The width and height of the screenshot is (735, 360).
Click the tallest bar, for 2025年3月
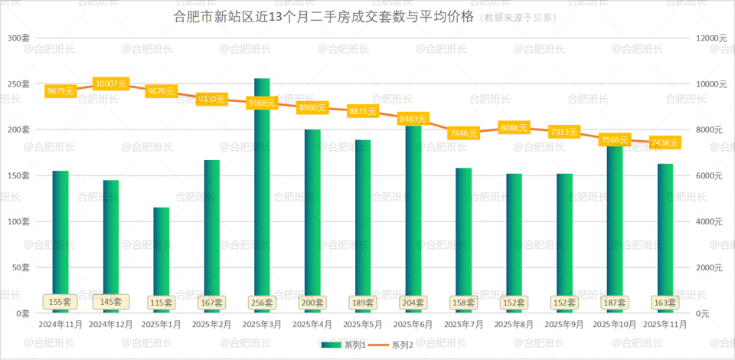coord(262,191)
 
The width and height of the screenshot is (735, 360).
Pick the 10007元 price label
coord(110,83)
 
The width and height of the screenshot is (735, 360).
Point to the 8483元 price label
coord(413,119)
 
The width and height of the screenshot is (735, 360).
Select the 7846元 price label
coord(463,133)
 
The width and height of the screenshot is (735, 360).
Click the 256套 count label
coord(262,303)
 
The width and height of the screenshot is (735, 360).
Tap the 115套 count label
coord(161,303)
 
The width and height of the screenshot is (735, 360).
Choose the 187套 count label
coord(614,303)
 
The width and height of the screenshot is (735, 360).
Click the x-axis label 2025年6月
coord(413,324)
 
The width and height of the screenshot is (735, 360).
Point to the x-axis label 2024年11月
coord(60,324)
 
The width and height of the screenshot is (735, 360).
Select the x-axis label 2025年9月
coord(564,324)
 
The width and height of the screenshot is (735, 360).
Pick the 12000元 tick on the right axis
coord(710,38)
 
